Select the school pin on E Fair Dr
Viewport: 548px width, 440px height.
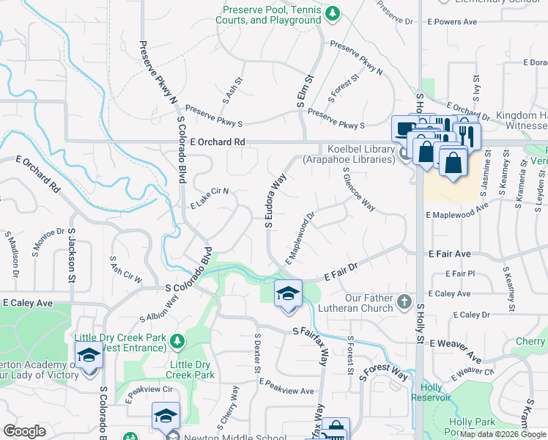point(288,294)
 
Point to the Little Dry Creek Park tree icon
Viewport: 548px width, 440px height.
point(177,340)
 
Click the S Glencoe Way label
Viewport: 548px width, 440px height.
point(360,188)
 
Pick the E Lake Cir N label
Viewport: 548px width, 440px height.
point(210,198)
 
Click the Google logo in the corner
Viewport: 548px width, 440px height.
point(24,431)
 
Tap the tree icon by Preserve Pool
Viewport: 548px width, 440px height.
point(333,13)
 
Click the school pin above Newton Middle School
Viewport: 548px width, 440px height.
point(166,416)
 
